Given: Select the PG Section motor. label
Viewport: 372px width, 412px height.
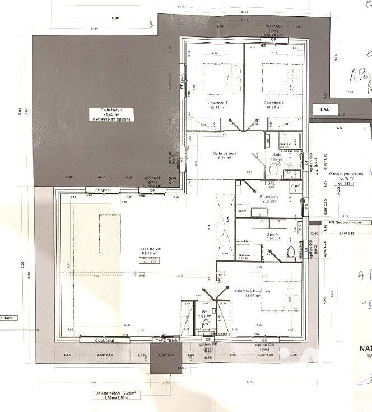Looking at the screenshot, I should [346, 222].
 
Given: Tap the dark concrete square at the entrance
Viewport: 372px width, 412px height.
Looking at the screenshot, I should [166, 359].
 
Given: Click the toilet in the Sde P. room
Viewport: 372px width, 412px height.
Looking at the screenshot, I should [291, 253].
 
